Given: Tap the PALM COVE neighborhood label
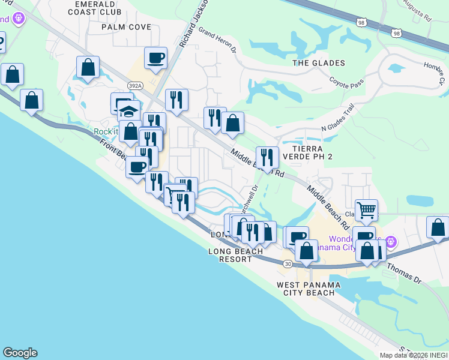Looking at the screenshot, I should (x=126, y=27).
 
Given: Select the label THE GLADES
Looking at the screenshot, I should (x=318, y=63).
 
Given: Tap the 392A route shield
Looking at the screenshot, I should (x=135, y=86).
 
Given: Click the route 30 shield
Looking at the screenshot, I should (x=288, y=263).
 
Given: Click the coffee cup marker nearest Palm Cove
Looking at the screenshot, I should (x=155, y=58).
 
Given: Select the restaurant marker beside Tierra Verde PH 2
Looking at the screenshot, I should (x=267, y=158).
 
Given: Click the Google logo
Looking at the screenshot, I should (x=20, y=353).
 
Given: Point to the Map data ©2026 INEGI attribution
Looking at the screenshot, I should (x=414, y=355).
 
